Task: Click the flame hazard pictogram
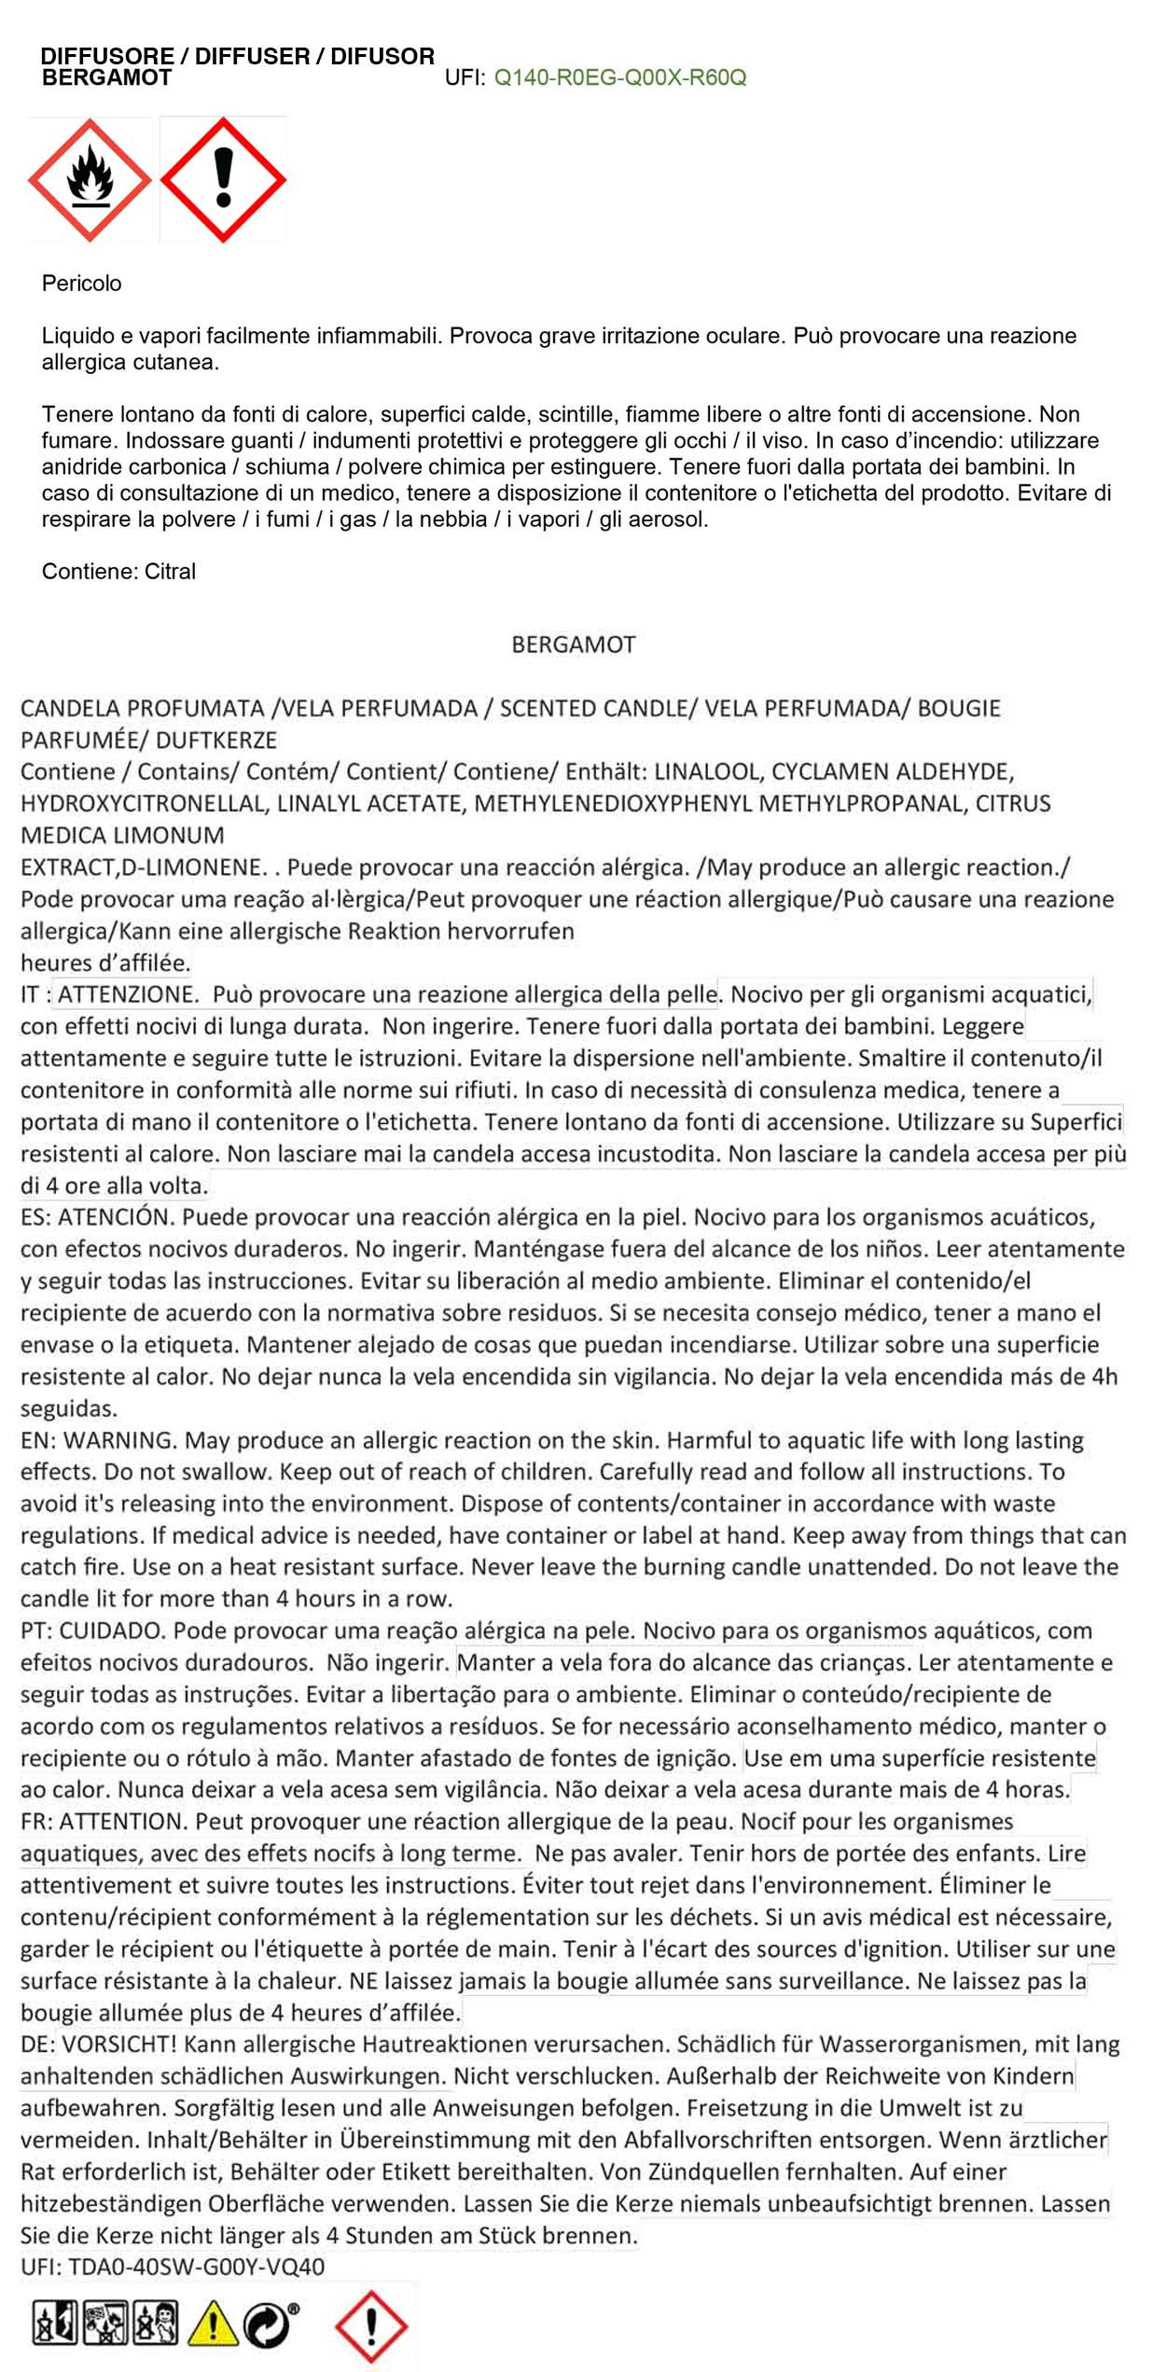pyautogui.click(x=89, y=179)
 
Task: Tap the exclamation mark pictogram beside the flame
pyautogui.click(x=223, y=179)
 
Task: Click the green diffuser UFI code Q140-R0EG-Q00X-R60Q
pyautogui.click(x=620, y=77)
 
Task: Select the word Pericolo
pyautogui.click(x=82, y=284)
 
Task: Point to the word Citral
pyautogui.click(x=170, y=572)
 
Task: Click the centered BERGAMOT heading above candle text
pyautogui.click(x=573, y=645)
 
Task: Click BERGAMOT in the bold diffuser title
pyautogui.click(x=106, y=78)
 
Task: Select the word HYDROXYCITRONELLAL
pyautogui.click(x=143, y=804)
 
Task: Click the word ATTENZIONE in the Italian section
pyautogui.click(x=128, y=995)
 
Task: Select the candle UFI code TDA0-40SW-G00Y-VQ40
pyautogui.click(x=196, y=2268)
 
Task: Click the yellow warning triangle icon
pyautogui.click(x=213, y=2322)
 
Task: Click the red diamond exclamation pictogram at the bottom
pyautogui.click(x=370, y=2325)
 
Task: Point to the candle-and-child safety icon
pyautogui.click(x=155, y=2322)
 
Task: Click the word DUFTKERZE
pyautogui.click(x=216, y=741)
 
